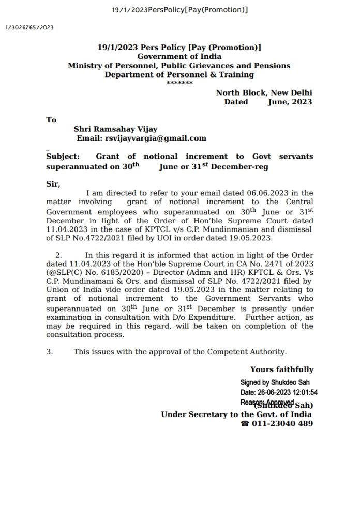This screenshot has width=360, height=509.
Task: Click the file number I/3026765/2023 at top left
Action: coord(29,27)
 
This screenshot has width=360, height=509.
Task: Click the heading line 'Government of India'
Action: coord(179,56)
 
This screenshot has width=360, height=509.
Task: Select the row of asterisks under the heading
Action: coord(179,83)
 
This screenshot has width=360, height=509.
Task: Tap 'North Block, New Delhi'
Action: coord(264,92)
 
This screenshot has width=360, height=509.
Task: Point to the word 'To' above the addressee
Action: coord(51,120)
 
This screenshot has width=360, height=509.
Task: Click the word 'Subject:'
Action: coord(63,156)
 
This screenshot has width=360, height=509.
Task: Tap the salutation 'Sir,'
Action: coord(53,183)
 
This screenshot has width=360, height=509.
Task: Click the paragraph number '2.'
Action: coord(58,255)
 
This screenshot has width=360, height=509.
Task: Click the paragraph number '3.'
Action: coord(50,352)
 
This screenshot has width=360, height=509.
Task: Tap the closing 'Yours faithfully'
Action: coord(281,369)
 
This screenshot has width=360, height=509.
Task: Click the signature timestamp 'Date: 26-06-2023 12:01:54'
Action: coord(279,392)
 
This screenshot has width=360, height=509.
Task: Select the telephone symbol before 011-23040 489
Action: coord(245,424)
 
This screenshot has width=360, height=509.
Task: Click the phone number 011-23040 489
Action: coord(282,424)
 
